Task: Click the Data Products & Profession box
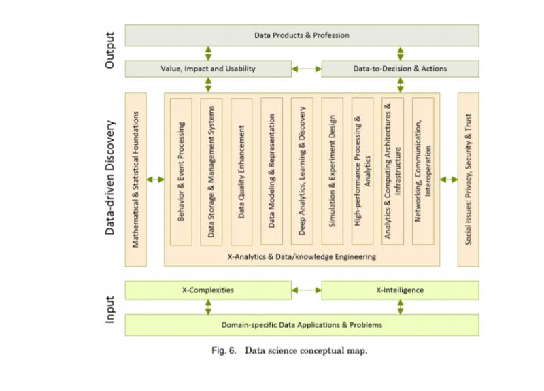(302, 35)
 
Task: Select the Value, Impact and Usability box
(208, 69)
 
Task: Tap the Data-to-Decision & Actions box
(400, 69)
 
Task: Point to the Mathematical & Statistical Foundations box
(135, 180)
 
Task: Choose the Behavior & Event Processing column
(181, 172)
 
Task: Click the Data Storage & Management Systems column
(211, 172)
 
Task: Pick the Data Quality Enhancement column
(241, 172)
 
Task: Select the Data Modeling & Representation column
(271, 171)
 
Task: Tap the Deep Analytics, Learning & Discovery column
(302, 171)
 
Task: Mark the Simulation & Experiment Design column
(333, 171)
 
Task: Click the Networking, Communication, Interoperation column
(423, 171)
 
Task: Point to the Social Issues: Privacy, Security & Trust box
(469, 180)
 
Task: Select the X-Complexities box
(208, 290)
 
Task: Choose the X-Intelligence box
(400, 290)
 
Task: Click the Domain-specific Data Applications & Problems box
(302, 325)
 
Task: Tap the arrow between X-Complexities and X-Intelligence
(307, 290)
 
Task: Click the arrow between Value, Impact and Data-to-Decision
(307, 69)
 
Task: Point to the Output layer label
(109, 50)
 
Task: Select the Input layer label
(109, 310)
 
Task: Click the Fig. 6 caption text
(290, 350)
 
